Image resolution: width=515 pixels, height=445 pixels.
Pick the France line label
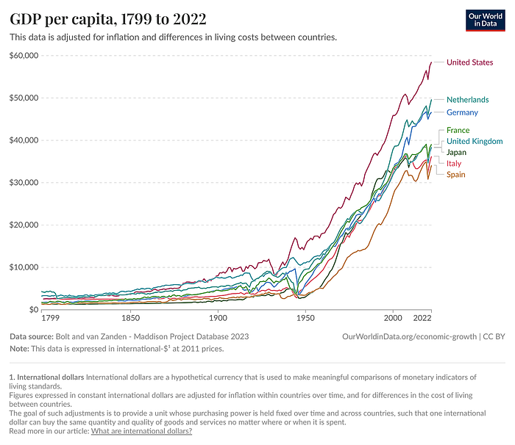click(458, 131)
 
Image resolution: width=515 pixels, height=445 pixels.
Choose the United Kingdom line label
click(475, 141)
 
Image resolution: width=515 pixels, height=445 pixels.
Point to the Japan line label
click(457, 152)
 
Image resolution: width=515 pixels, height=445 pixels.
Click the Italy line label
click(454, 163)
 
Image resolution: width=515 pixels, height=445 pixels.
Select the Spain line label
click(455, 175)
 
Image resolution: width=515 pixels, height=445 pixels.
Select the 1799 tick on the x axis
click(51, 319)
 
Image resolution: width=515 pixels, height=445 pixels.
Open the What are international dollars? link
click(141, 431)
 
